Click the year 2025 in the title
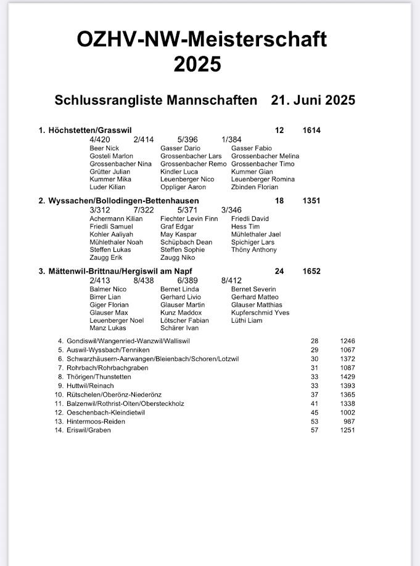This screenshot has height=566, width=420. (x=197, y=64)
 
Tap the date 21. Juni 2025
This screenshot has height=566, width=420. (x=313, y=100)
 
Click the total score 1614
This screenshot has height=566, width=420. (x=311, y=131)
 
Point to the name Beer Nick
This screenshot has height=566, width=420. (x=104, y=148)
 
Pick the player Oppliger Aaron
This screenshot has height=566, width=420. (x=183, y=187)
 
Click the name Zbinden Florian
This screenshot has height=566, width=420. (x=254, y=187)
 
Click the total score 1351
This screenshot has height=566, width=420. (x=311, y=201)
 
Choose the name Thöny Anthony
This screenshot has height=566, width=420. (x=254, y=250)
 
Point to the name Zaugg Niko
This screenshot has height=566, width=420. (x=178, y=258)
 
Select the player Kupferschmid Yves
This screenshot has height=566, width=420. (x=260, y=313)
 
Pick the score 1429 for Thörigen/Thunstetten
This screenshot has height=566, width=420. (x=347, y=376)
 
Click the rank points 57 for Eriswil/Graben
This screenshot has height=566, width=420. (x=315, y=429)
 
